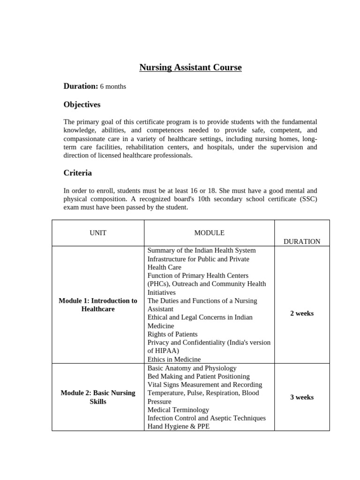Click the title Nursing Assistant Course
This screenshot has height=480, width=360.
(x=190, y=67)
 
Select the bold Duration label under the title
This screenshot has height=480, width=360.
(x=81, y=86)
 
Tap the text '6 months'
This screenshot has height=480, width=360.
(x=113, y=87)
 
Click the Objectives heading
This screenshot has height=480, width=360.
(x=82, y=105)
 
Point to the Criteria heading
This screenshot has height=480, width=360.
(x=77, y=173)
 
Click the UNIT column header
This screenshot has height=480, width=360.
(x=98, y=233)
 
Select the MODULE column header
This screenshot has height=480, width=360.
(x=209, y=233)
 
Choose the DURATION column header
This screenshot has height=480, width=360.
(x=302, y=241)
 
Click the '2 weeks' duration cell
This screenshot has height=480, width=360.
(x=302, y=313)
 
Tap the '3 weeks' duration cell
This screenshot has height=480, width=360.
(x=302, y=397)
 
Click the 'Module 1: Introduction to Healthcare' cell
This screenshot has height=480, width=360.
(x=98, y=305)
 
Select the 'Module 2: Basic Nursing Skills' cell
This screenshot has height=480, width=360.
(x=98, y=397)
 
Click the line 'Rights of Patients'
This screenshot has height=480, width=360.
(x=172, y=334)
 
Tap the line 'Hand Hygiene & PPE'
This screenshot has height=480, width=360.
(x=179, y=427)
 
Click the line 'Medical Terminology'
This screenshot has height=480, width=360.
(x=178, y=410)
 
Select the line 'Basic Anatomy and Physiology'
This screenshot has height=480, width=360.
(x=192, y=368)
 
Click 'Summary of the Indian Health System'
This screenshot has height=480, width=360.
(x=202, y=250)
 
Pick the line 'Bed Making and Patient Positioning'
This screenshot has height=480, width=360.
(x=198, y=376)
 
